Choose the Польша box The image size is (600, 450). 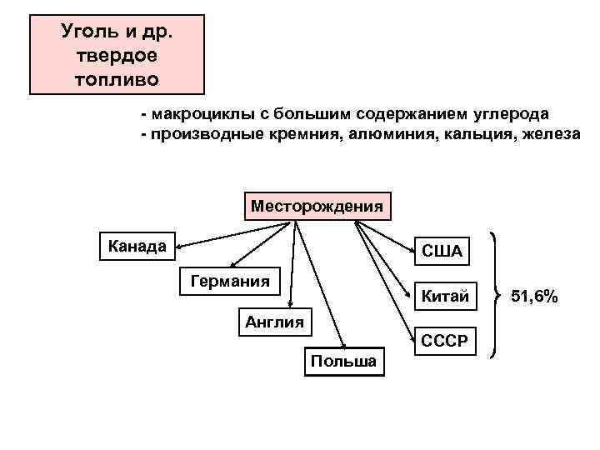342,362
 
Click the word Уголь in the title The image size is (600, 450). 84,32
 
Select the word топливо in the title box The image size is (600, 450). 117,81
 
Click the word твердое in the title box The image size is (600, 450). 117,56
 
